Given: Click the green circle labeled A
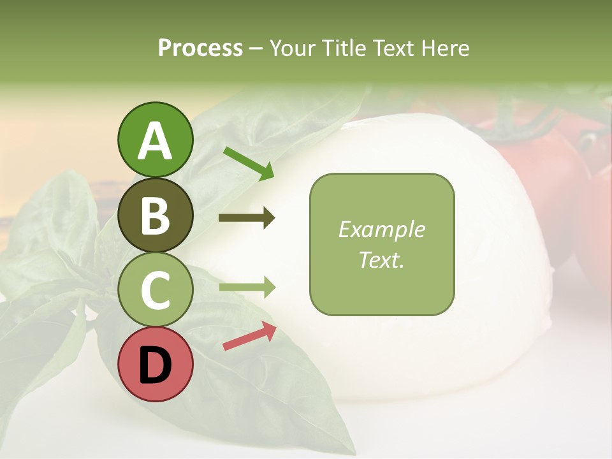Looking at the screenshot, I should [x=155, y=140].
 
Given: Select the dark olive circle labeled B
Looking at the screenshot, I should [x=155, y=215].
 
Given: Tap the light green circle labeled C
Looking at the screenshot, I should [x=155, y=289].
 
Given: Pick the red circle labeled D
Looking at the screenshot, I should [x=155, y=364].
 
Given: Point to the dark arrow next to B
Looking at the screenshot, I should [x=247, y=218].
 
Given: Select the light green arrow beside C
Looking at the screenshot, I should [x=247, y=288].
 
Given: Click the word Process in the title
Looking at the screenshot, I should [x=200, y=48].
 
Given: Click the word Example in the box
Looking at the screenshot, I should [x=381, y=229].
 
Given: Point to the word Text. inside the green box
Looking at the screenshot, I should [x=381, y=259].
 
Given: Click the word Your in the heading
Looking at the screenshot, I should [x=291, y=48].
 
